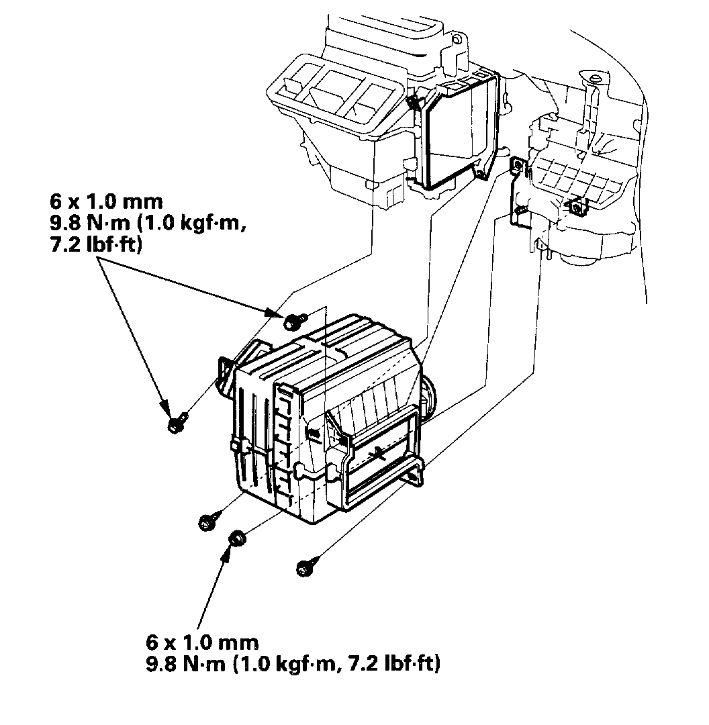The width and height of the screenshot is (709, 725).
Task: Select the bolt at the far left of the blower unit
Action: pos(176,424)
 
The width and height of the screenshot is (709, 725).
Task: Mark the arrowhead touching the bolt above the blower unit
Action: pos(275,313)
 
